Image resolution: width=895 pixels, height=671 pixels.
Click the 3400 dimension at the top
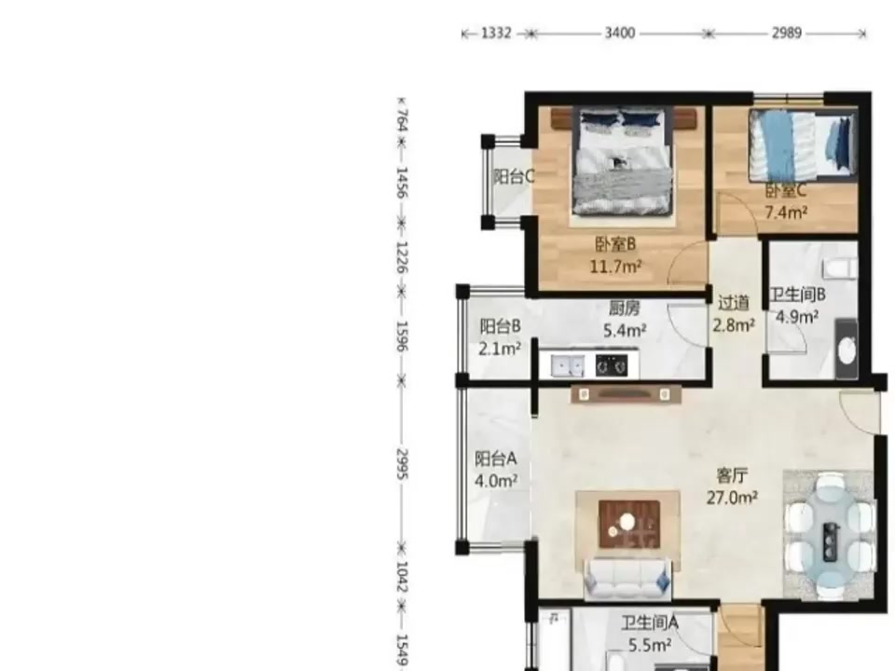(x=620, y=34)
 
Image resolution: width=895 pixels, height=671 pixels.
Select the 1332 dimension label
(x=496, y=34)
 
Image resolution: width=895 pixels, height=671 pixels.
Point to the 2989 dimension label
(x=787, y=34)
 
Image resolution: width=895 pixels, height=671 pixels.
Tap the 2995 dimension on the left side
(x=402, y=464)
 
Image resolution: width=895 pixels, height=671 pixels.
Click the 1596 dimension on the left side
(x=402, y=336)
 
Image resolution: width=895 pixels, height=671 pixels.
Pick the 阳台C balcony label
(x=514, y=177)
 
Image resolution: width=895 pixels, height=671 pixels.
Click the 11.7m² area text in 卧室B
(x=615, y=267)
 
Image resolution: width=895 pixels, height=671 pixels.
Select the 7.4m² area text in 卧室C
(x=786, y=212)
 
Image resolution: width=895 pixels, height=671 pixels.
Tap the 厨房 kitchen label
(x=624, y=308)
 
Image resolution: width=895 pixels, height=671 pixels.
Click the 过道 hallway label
(x=734, y=303)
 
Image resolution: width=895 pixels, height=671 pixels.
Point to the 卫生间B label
(x=797, y=295)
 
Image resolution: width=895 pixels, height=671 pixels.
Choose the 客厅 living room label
(x=733, y=475)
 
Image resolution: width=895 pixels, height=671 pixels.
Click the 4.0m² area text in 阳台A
(x=496, y=481)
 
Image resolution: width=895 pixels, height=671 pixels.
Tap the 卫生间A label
(x=650, y=623)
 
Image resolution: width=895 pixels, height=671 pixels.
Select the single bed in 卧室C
(x=803, y=145)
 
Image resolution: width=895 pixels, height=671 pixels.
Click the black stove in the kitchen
(x=612, y=365)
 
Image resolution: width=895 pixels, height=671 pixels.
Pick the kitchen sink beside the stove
(x=568, y=365)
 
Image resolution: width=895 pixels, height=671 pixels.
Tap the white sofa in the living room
(x=627, y=578)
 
